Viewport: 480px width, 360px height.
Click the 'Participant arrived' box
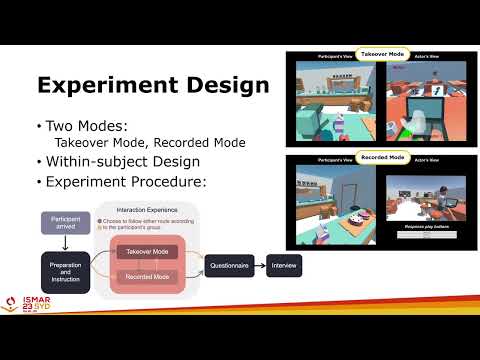(65, 223)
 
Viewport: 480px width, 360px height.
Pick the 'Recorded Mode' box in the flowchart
(147, 275)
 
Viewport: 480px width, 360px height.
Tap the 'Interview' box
(285, 265)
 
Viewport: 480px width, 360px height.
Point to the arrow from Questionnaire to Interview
(263, 265)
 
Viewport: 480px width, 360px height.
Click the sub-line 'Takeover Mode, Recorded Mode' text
(136, 143)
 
